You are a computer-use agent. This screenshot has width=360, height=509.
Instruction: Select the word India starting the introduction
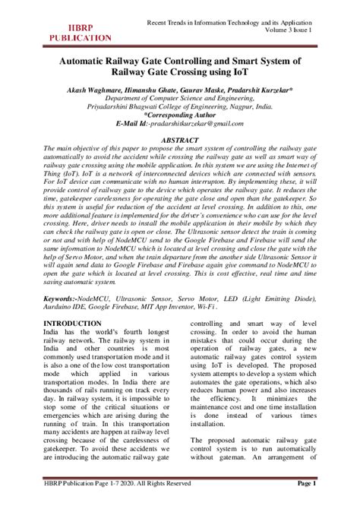pyautogui.click(x=55, y=311)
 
